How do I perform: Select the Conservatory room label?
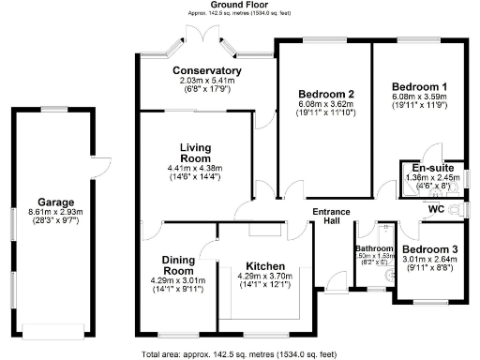point(207,71)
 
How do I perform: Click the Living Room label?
point(196,154)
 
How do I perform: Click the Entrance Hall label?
point(331,217)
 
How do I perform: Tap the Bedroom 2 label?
point(325,94)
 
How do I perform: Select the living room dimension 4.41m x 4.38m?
point(196,169)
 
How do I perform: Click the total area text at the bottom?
point(239,354)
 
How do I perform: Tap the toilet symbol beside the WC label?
point(457,211)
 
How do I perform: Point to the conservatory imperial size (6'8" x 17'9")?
point(207,91)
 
